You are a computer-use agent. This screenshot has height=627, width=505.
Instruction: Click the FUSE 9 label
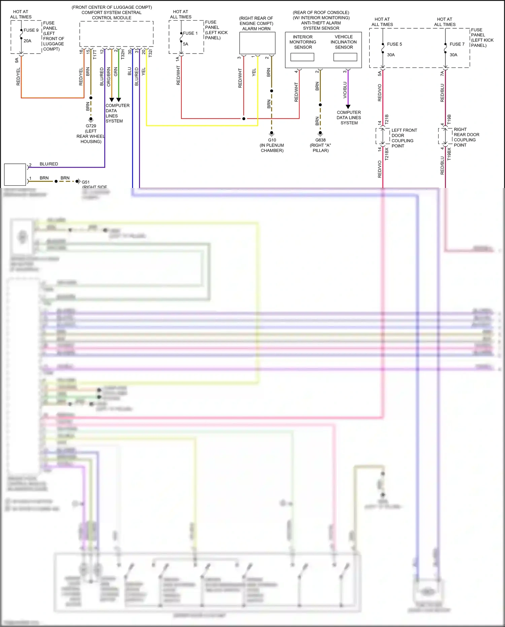(31, 30)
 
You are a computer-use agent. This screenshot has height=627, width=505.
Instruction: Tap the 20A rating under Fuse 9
(27, 41)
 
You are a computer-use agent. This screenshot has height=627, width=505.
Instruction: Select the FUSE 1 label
(190, 33)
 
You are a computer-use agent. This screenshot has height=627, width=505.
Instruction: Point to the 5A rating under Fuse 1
(186, 44)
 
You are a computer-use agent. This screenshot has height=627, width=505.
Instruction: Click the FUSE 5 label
(394, 44)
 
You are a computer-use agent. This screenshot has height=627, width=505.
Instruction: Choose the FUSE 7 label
(457, 44)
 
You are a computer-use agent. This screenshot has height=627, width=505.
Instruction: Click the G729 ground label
(91, 126)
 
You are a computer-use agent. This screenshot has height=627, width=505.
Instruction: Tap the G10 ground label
(272, 140)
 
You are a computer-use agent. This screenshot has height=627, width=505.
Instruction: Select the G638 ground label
(321, 140)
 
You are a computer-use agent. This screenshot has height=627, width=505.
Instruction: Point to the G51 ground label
(86, 182)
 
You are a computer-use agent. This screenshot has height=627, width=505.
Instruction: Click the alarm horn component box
(257, 43)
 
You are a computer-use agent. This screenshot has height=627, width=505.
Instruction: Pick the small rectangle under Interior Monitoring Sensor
(302, 57)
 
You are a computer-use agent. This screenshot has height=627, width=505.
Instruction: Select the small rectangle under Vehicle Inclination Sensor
(345, 57)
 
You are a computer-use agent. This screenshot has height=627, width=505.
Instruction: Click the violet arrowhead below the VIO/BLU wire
(348, 107)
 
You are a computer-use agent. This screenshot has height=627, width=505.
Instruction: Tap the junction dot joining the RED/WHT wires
(244, 119)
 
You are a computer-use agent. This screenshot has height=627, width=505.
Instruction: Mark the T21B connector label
(386, 119)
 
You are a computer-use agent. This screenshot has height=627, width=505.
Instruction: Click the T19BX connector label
(449, 154)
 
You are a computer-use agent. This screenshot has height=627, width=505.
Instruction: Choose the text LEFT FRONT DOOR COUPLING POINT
(404, 138)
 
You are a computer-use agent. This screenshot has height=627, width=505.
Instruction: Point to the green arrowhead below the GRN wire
(119, 100)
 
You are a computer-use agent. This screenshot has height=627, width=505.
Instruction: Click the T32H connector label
(123, 54)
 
